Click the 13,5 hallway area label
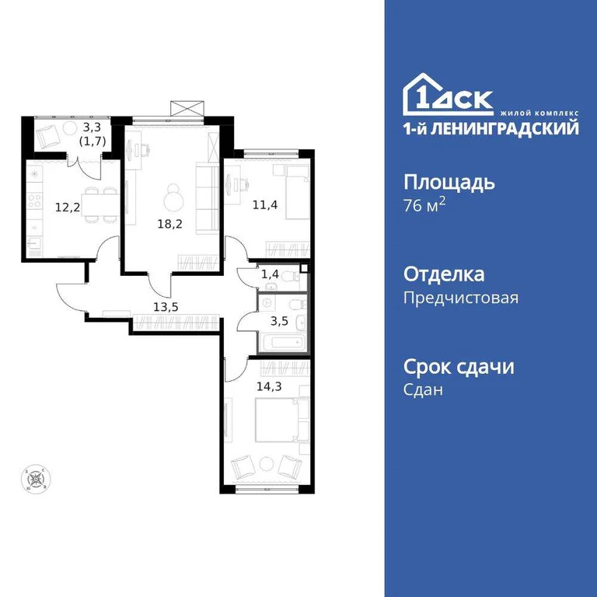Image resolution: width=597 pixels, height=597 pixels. click(166, 306)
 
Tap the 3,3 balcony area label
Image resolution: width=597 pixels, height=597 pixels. click(92, 126)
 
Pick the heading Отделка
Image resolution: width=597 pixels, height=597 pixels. click(444, 274)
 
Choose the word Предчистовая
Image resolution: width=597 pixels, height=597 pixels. click(460, 297)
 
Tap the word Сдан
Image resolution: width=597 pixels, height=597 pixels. click(424, 389)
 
